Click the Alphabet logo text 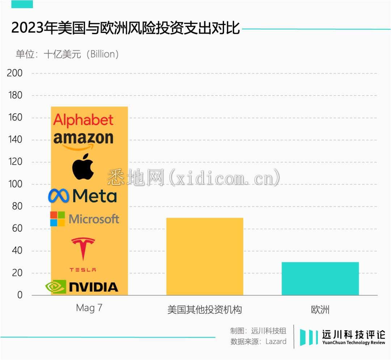83,120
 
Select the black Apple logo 83,166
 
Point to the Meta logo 83,196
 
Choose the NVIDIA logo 82,287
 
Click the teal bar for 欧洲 320,278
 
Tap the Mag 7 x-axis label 89,308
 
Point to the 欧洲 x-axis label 320,310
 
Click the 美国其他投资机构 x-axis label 205,310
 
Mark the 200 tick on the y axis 15,73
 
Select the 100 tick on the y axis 15,184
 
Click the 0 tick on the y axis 19,295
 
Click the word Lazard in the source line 276,341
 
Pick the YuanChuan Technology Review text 353,343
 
